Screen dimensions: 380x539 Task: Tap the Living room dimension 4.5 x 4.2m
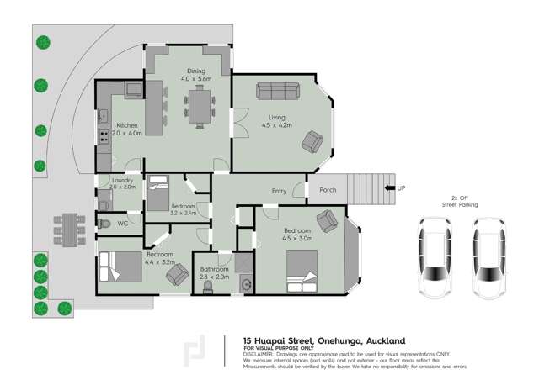[x=276, y=125]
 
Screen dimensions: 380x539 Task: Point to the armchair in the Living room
[x=314, y=142]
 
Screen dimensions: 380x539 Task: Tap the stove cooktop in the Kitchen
[x=104, y=134]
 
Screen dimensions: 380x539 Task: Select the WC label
[x=123, y=224]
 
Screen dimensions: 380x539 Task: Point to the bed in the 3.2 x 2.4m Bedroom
[x=158, y=196]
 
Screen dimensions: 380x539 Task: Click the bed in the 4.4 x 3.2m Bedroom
[x=121, y=267]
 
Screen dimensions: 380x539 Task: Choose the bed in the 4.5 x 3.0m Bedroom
[x=302, y=269]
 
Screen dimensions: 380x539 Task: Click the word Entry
[x=279, y=191]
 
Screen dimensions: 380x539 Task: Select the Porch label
[x=328, y=190]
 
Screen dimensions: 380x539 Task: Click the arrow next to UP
[x=389, y=188]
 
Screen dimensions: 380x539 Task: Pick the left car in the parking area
[x=435, y=257]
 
